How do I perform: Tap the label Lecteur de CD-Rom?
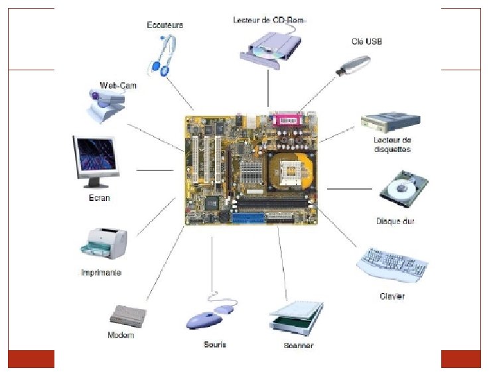coord(269,21)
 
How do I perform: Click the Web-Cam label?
coord(118,85)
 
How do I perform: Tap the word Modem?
coord(121,335)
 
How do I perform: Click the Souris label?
coord(216,345)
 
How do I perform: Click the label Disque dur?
coord(395,221)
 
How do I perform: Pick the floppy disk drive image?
coord(391,122)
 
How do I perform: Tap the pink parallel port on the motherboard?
coord(288,121)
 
